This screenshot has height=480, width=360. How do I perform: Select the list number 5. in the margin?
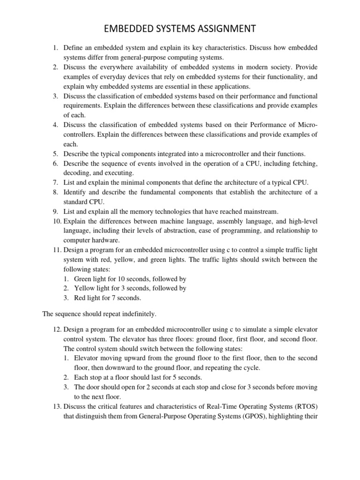tap(55, 154)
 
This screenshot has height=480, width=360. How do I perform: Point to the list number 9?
tap(55, 211)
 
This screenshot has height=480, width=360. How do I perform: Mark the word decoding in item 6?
tap(77, 173)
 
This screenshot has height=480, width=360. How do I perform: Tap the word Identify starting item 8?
tap(75, 192)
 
